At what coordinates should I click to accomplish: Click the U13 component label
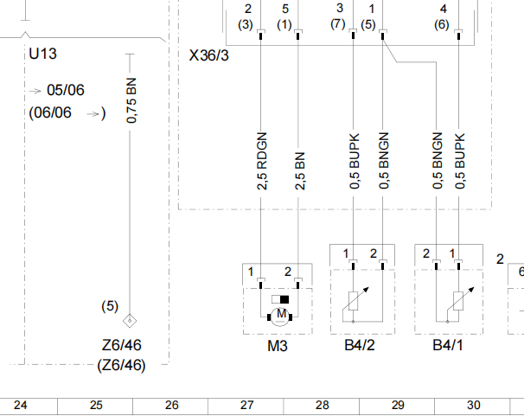pos(42,54)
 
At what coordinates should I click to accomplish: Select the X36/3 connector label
pos(209,55)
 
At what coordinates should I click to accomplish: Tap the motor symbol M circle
pos(280,316)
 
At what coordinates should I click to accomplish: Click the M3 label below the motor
pos(278,346)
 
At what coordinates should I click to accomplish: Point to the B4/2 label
pos(360,345)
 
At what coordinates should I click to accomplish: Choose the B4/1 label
pos(448,345)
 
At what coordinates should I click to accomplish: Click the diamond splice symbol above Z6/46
pos(130,321)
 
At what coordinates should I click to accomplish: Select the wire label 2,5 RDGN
pos(262,161)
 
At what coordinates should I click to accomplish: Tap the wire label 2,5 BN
pos(300,171)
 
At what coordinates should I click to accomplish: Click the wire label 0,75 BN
pos(131,100)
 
